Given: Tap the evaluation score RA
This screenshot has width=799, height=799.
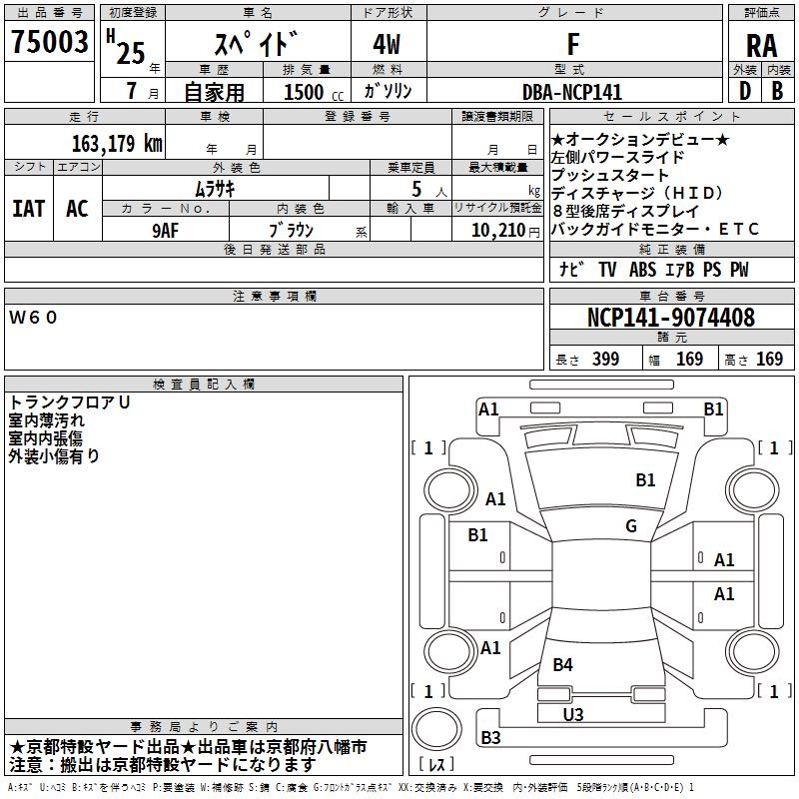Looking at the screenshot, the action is point(762,45).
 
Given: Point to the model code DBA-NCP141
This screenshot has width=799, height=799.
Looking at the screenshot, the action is point(571,92).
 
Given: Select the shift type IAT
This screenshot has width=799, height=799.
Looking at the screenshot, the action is point(28,209).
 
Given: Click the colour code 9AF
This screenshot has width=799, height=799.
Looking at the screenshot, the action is point(166,231).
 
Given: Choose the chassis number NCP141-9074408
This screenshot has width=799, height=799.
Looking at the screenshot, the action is point(670,318).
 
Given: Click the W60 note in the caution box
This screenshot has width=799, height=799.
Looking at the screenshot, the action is point(34,318).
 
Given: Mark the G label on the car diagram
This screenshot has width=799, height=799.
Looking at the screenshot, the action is point(631,526).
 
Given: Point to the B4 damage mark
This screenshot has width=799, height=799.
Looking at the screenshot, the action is point(563,664).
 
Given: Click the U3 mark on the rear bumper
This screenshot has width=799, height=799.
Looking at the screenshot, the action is point(573,714).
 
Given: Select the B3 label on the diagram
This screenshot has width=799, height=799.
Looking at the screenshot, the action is point(490,738).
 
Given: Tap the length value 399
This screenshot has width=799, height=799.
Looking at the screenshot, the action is point(605,360).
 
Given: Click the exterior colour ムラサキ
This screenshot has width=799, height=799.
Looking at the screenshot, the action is point(214,188).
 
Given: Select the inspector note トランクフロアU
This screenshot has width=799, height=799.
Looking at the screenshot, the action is point(69,402).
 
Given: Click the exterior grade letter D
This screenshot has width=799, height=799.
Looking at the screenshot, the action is point(744,92).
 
